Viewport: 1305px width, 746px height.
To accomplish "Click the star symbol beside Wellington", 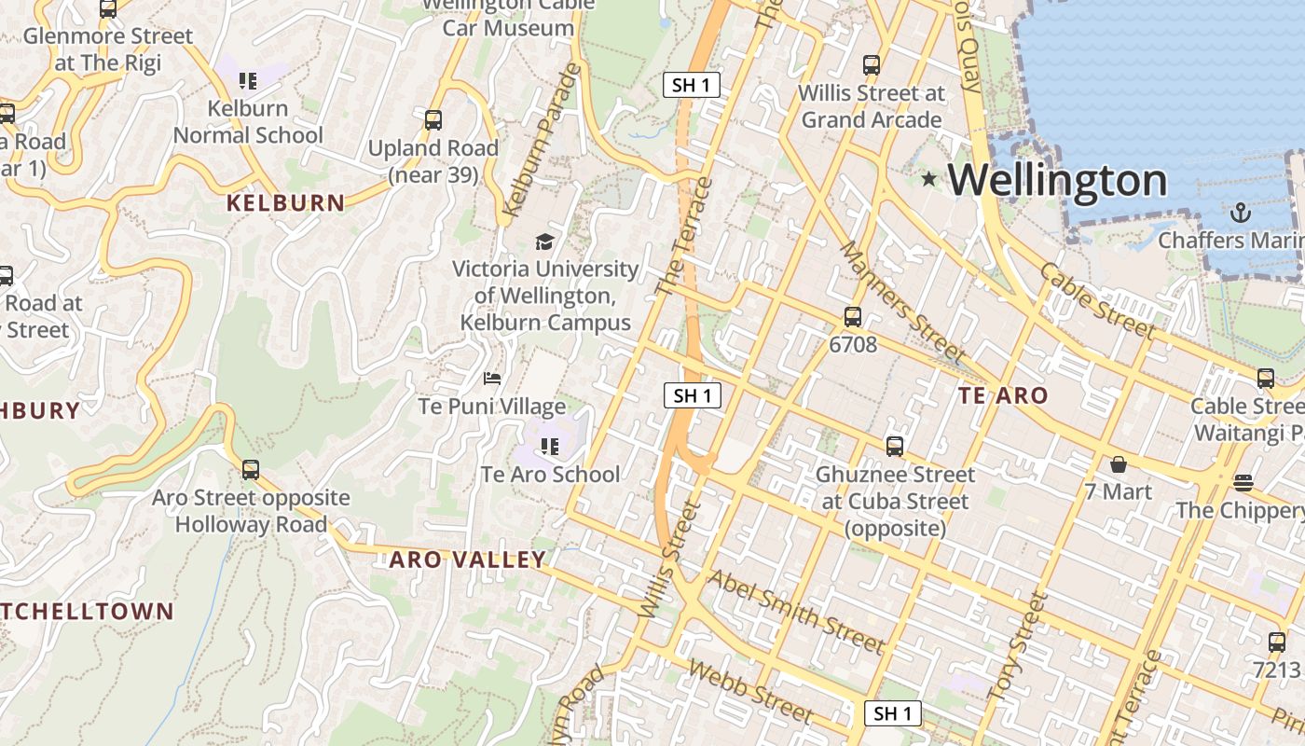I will point(928,178).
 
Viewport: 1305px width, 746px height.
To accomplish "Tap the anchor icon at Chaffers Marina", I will point(1240,213).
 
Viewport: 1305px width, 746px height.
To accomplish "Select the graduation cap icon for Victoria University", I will point(544,242).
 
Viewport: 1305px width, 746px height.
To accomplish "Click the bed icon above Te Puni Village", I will point(492,379).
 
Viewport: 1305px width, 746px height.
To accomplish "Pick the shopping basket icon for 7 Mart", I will point(1118,463).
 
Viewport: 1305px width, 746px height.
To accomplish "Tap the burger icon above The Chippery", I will point(1243,482).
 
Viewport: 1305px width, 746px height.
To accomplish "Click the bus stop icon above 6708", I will point(852,316).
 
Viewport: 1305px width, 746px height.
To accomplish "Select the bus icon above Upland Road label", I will point(433,119).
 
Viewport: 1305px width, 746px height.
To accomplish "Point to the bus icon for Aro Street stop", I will point(250,469).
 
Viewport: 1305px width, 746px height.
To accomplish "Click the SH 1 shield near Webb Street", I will point(893,713).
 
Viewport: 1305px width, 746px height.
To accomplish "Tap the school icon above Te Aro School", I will point(550,447).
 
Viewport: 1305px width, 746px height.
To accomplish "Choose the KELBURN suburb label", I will point(285,202).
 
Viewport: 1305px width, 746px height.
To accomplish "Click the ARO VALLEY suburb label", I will point(467,559).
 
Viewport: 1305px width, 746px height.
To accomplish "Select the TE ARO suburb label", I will point(1003,395).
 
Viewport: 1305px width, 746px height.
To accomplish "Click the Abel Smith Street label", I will point(795,611).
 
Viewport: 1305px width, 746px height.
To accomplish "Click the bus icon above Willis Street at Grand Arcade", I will point(872,65).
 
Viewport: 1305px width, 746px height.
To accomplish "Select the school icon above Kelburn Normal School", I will point(247,81).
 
